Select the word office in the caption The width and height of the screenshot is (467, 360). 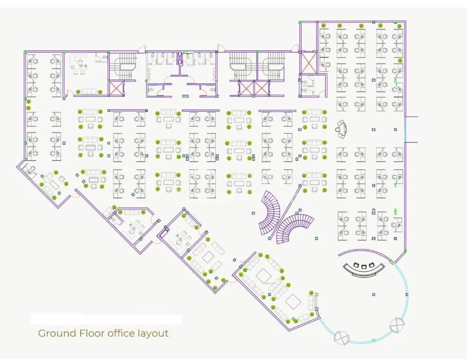click(x=121, y=333)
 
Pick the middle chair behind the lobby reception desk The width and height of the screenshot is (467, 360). click(x=364, y=266)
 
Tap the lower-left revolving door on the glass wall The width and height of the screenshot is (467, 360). click(x=341, y=337)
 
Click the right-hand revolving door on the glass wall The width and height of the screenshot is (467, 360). click(x=397, y=325)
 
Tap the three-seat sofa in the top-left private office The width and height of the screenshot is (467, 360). click(x=89, y=91)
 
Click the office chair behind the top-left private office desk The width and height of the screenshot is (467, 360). click(x=81, y=61)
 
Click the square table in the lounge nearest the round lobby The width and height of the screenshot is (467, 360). click(x=293, y=301)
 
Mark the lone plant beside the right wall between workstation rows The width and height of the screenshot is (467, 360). click(x=400, y=60)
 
